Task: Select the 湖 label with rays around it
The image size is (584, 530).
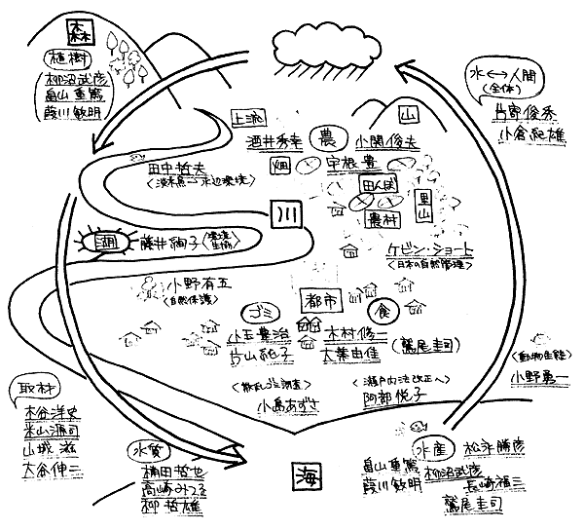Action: coord(97,240)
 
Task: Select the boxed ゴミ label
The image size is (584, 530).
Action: coord(261,314)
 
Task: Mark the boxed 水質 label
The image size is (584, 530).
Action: coord(146,450)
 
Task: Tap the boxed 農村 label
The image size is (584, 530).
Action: coord(382,223)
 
